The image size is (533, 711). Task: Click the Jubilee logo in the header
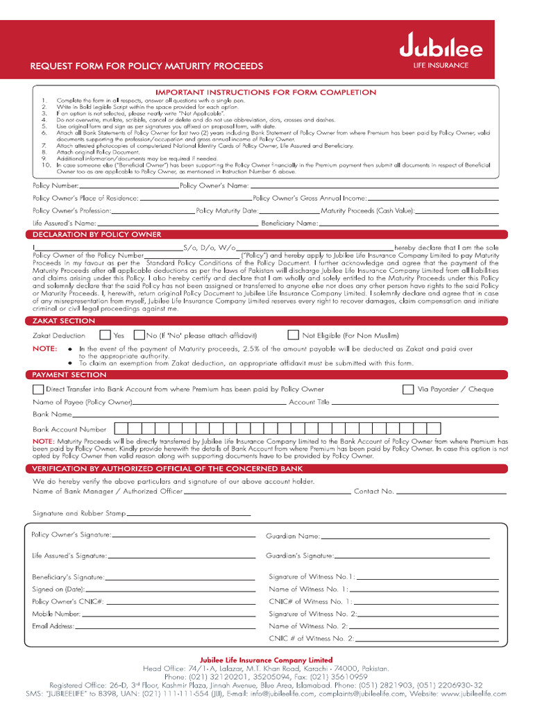[x=441, y=49]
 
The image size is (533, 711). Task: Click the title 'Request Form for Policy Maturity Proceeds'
[x=146, y=67]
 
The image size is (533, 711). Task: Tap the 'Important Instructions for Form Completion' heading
[x=266, y=92]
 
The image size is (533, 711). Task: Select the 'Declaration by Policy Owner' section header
[x=96, y=235]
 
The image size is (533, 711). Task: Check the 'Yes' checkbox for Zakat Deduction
[x=105, y=335]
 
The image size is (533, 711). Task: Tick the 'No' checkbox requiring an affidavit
[x=139, y=335]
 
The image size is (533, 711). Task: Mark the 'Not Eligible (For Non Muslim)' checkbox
[x=293, y=335]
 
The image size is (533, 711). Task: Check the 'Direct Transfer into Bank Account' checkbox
[x=38, y=390]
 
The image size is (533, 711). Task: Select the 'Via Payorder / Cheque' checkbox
[x=408, y=390]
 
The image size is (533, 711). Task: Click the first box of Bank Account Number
[x=120, y=428]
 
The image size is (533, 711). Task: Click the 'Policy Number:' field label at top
[x=56, y=186]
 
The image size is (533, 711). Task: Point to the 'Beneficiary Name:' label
[x=289, y=224]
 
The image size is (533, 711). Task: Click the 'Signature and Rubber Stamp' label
[x=79, y=514]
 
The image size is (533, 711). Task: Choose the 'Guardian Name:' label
[x=293, y=536]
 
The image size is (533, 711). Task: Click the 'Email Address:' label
[x=53, y=626]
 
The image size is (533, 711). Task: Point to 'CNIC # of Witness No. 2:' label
[x=312, y=638]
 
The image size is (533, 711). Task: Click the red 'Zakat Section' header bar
[x=64, y=321]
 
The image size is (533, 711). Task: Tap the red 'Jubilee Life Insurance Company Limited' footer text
[x=266, y=660]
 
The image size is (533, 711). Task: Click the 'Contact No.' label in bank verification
[x=373, y=492]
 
